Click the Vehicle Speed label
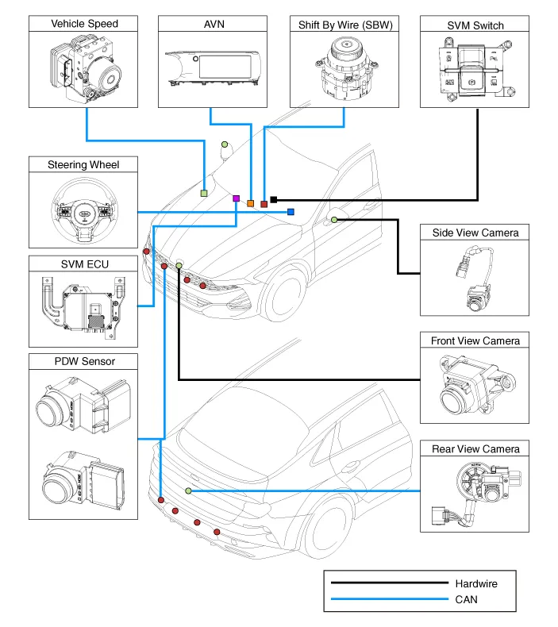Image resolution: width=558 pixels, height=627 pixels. coord(85,24)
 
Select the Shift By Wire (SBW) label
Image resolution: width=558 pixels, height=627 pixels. coord(343,24)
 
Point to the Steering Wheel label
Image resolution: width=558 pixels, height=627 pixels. coord(84,165)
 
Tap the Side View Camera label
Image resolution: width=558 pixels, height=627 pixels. coord(475,233)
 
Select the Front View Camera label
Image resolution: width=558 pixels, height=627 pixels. coord(475,340)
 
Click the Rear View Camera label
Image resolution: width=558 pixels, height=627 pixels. coord(475,449)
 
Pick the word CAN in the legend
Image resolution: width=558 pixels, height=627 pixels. coord(467,600)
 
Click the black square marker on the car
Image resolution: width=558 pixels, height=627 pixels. coord(274,199)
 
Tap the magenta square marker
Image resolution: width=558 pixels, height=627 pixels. coord(237,198)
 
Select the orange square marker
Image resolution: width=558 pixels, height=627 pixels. coord(251,204)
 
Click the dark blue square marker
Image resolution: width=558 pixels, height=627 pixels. coord(291,212)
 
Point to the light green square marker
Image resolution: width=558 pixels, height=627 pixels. coord(204,193)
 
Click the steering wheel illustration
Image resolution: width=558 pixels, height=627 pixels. coord(83,210)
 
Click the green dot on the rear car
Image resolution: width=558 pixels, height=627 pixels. coord(188,491)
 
